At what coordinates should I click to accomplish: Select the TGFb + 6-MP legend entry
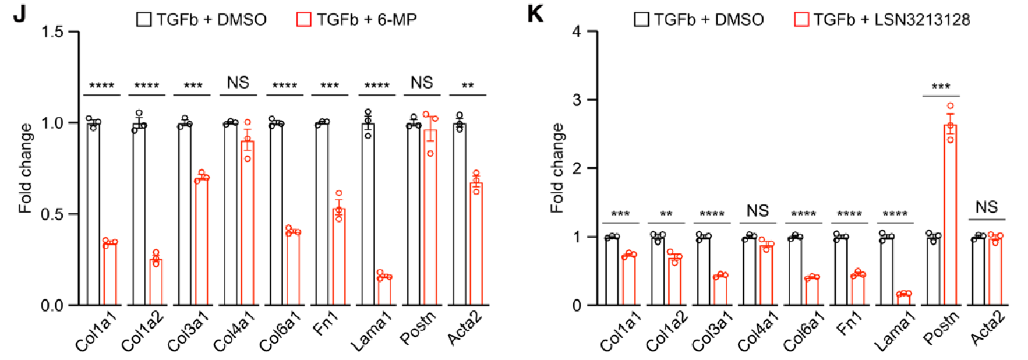click(356, 20)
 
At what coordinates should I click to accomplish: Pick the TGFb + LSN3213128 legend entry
click(882, 20)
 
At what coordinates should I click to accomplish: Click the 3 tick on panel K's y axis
click(577, 100)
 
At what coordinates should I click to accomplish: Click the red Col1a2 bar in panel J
click(156, 282)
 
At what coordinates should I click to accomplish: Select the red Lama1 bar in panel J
click(384, 290)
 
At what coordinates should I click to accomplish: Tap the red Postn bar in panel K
click(950, 216)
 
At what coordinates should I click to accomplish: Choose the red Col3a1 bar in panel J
click(202, 241)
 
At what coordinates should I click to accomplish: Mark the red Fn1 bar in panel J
click(338, 256)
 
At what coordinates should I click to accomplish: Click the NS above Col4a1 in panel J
click(238, 83)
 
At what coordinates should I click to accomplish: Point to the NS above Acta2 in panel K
click(987, 207)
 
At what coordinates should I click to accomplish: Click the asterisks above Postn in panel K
click(941, 87)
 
